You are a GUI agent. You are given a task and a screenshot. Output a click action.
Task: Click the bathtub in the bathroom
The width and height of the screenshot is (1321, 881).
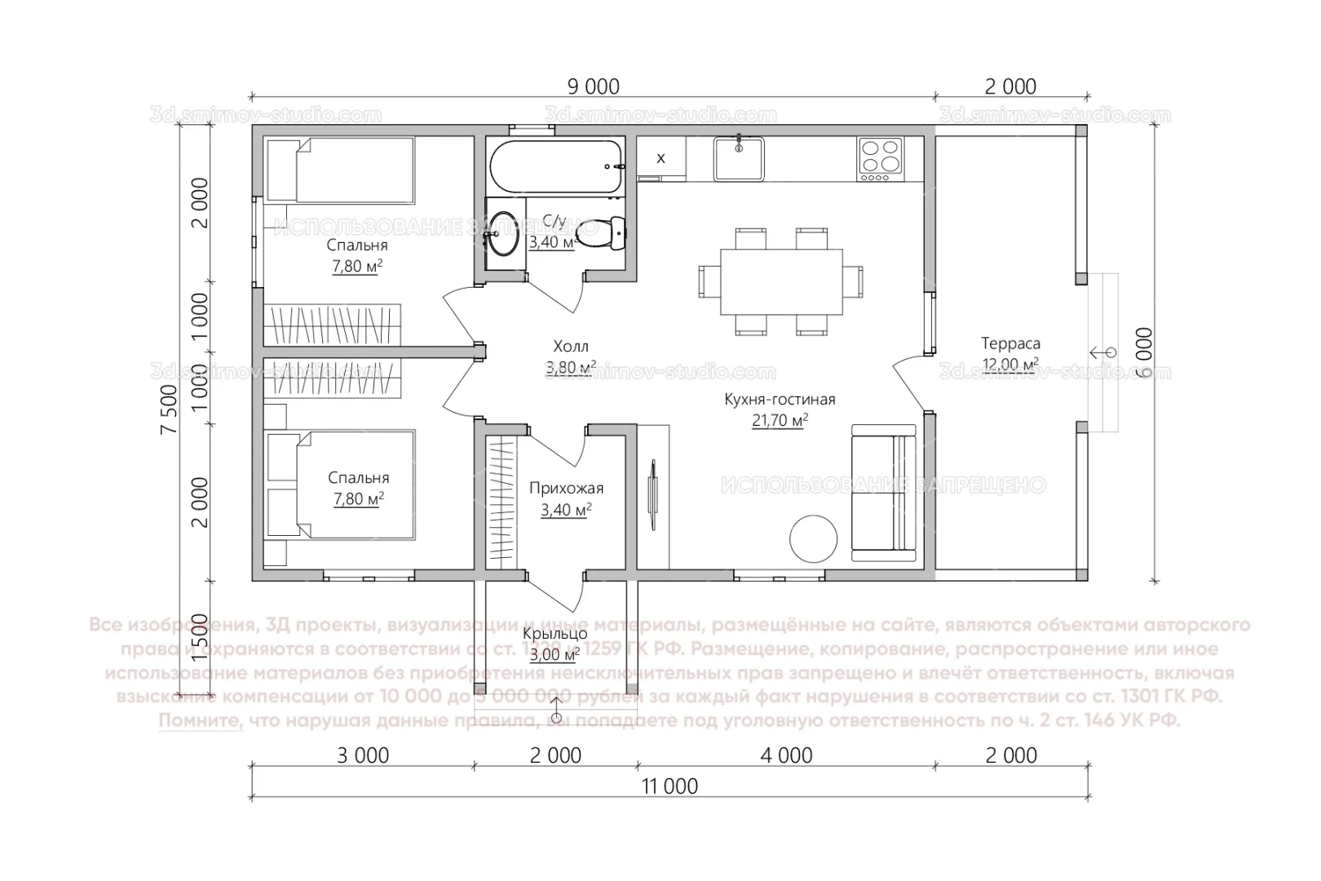point(556,167)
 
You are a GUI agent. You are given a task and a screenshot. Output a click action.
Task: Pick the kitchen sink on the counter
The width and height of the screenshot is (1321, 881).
point(739,158)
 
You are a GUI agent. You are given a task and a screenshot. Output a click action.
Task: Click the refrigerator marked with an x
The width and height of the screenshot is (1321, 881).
point(660,158)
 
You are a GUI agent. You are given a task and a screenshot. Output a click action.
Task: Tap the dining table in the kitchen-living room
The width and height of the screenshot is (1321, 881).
point(780,282)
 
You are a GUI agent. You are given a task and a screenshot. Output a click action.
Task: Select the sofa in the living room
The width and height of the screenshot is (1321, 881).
point(884,493)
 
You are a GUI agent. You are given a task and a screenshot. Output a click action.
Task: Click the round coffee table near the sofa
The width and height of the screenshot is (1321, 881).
point(813,538)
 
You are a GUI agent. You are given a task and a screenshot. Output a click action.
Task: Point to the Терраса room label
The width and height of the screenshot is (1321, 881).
point(1010,343)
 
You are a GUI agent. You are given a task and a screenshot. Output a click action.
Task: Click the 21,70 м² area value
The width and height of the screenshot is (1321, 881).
point(780,421)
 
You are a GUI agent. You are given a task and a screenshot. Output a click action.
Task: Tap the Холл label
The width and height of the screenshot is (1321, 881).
point(570,347)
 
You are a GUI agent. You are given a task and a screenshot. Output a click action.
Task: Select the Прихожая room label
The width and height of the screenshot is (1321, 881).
point(566,489)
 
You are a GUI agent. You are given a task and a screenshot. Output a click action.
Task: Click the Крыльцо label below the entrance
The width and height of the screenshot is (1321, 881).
point(554,634)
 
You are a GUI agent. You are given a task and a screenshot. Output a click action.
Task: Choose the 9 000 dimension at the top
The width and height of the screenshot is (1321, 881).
point(593,86)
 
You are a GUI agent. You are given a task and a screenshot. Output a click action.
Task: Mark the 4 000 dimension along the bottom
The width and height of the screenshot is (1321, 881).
point(786,755)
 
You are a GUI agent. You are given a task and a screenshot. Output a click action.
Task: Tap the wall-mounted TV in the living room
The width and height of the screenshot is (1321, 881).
point(652,494)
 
